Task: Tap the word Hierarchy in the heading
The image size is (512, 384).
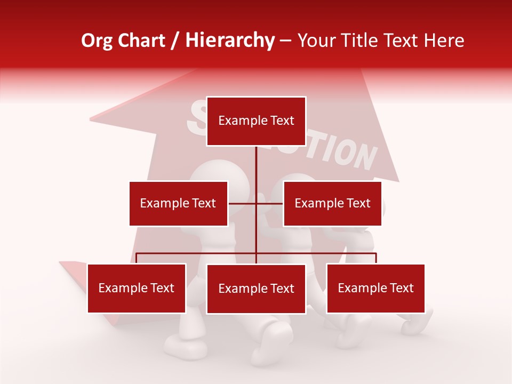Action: click(229, 41)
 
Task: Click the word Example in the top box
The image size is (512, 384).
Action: click(238, 121)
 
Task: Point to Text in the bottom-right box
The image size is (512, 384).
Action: click(402, 288)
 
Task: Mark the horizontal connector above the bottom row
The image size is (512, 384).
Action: click(197, 253)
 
